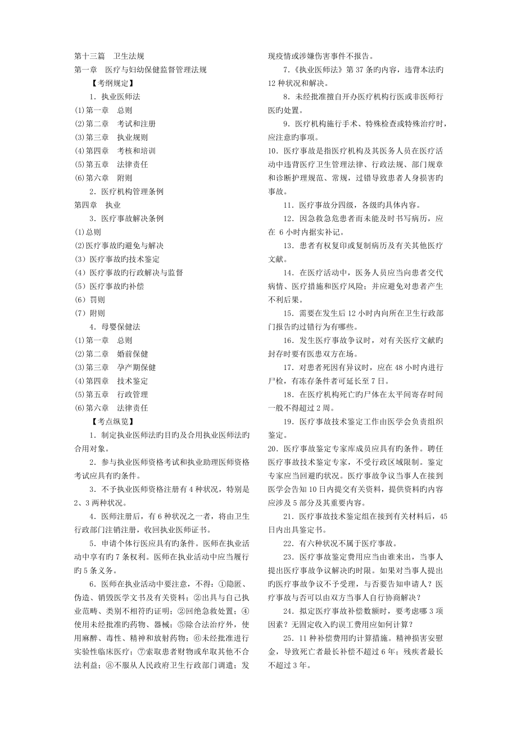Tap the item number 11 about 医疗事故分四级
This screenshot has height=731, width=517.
coord(288,205)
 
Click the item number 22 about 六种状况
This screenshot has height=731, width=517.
coord(288,543)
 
